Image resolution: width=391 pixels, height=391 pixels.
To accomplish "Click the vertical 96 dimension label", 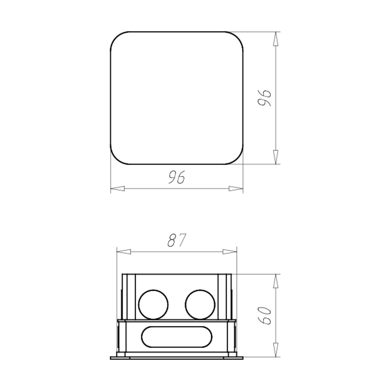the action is click(x=264, y=97).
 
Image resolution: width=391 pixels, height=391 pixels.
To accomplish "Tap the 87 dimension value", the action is click(x=177, y=240).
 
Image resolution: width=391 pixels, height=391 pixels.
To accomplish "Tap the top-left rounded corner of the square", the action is click(x=116, y=37).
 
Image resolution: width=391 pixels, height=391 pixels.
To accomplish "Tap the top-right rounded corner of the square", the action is click(x=238, y=37).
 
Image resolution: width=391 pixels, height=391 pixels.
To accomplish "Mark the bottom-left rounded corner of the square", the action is click(x=116, y=159).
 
